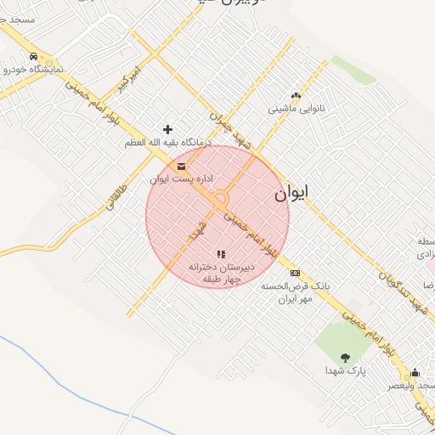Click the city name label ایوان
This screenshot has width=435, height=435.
(x=291, y=194)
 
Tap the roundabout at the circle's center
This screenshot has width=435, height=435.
(x=221, y=201)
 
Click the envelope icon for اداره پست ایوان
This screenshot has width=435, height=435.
(x=183, y=167)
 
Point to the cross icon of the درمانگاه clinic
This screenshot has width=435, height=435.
(x=167, y=130)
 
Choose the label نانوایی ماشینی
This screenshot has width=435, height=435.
(x=297, y=109)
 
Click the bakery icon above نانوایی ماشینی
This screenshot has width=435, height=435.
(x=296, y=96)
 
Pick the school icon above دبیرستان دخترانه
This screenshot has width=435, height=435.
(x=221, y=254)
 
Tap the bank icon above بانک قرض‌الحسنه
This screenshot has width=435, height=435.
(x=295, y=273)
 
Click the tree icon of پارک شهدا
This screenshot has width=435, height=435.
(x=344, y=358)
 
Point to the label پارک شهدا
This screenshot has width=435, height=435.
(x=345, y=371)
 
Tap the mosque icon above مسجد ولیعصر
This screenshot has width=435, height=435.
(x=415, y=372)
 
